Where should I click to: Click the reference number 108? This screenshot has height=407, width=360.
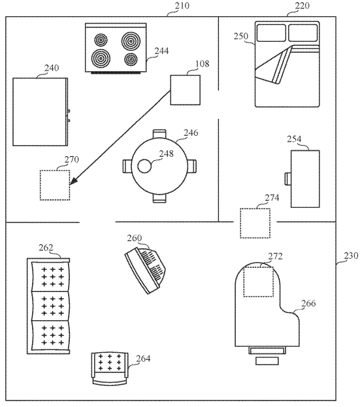click(202, 63)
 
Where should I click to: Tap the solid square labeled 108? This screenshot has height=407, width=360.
click(185, 90)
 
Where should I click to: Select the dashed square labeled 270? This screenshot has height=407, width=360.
click(55, 185)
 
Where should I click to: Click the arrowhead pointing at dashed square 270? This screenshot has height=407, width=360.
click(73, 182)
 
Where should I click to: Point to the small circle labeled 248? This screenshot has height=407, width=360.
click(144, 166)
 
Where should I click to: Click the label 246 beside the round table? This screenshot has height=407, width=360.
click(191, 133)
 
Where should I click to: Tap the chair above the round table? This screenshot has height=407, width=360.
click(159, 134)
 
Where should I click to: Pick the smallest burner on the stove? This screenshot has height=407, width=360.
click(131, 59)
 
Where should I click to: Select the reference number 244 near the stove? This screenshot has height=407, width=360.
click(161, 51)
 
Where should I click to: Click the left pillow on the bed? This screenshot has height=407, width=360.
click(271, 33)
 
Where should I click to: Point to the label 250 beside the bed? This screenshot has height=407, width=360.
click(241, 36)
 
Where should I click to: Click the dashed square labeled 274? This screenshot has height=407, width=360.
click(255, 223)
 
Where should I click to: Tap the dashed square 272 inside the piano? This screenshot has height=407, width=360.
click(258, 282)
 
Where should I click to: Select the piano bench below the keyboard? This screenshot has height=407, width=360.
click(267, 361)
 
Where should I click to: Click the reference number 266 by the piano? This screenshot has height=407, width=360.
click(308, 303)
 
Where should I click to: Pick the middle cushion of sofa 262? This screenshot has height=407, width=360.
click(51, 306)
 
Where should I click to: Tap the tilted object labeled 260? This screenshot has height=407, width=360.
click(146, 270)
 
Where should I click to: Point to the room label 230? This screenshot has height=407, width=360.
click(351, 255)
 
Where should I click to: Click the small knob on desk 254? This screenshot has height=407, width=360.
click(288, 179)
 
